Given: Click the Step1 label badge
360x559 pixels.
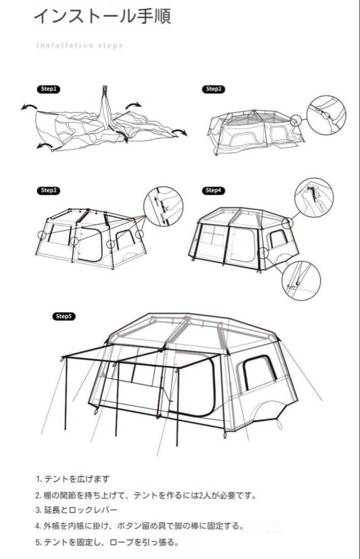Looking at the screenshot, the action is pos(49,89).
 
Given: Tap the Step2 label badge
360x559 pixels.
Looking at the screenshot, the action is pos(214,89).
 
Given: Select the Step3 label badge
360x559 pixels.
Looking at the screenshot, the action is pos(49,190).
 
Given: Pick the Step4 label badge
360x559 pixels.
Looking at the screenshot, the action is pos(214,190).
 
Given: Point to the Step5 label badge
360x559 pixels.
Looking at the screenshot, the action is pos(64,316).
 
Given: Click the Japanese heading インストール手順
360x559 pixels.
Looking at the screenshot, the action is pos(102,17).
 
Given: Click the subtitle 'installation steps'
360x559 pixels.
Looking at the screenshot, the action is pos(80,45).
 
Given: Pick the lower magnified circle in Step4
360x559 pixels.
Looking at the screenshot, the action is pos(282,281).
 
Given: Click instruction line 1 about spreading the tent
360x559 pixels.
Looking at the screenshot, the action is pos(73,479).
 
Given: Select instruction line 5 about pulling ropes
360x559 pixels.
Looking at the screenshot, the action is pos(107,542).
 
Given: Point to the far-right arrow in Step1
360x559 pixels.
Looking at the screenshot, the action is pos(180,133).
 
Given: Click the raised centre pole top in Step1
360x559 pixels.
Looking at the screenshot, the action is pos(105,89).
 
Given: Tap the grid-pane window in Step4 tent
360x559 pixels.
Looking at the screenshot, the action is pos(212,236).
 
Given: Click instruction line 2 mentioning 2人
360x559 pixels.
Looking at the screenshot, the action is pos(146,495).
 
